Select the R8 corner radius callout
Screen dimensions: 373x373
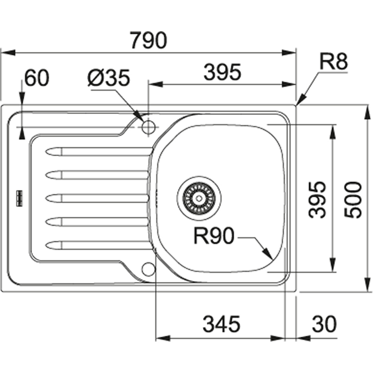334,63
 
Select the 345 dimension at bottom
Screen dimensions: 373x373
222,324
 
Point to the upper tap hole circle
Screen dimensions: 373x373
148,127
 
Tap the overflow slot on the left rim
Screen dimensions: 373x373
19,197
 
